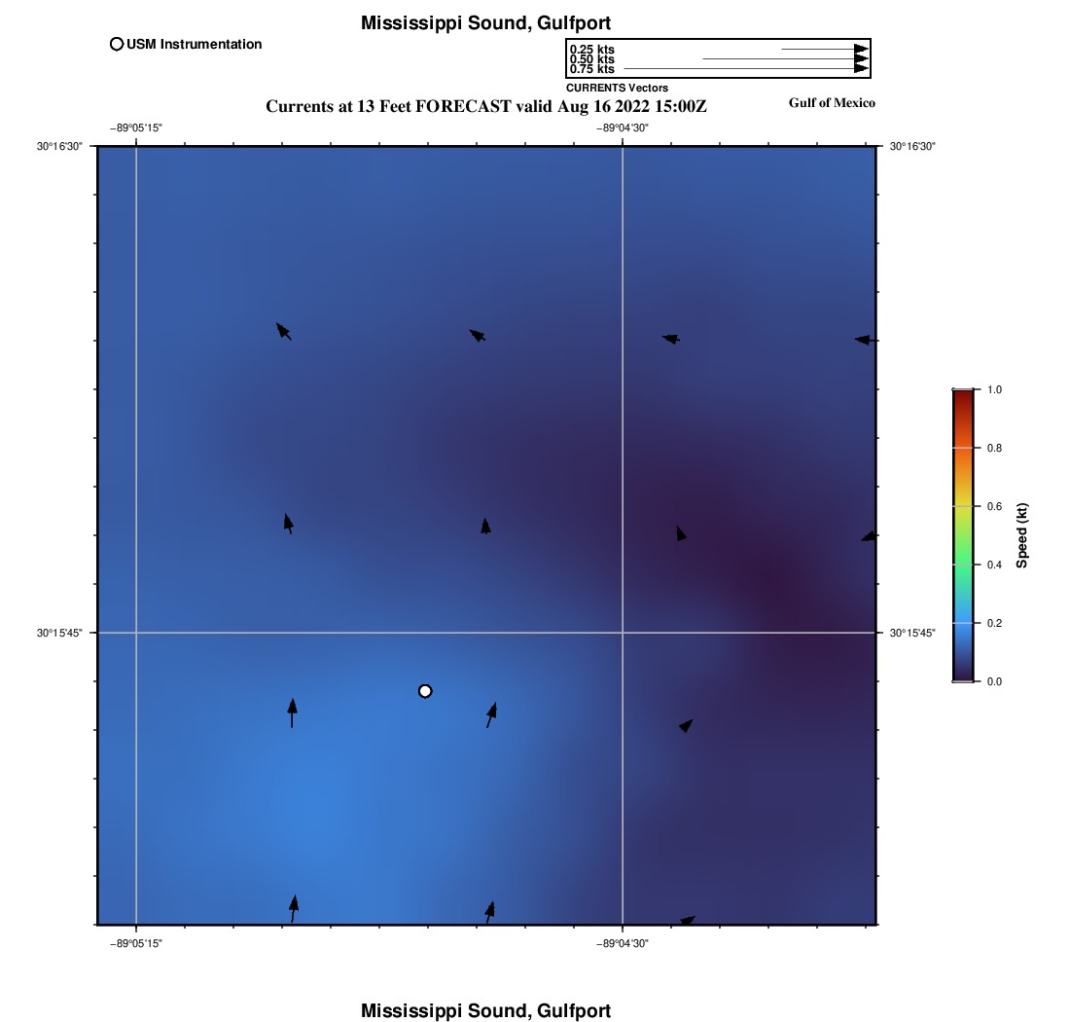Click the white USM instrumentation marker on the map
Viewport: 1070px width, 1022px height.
coord(425,691)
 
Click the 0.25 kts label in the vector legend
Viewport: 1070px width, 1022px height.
coord(591,50)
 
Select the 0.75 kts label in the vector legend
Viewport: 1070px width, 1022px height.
coord(591,69)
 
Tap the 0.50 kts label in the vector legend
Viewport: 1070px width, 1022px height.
coord(591,59)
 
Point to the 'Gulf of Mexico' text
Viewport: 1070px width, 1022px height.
coord(832,103)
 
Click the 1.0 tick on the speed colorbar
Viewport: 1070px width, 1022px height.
coord(994,389)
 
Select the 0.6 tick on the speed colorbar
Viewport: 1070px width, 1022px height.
coord(994,506)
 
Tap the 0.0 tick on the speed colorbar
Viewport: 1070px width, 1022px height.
coord(994,681)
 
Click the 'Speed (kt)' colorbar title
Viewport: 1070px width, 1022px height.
coord(1022,535)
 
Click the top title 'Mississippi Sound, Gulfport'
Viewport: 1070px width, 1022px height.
coord(485,22)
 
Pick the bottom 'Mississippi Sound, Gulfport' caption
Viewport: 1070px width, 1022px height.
coord(485,1010)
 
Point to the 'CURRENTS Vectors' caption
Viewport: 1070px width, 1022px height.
coord(617,88)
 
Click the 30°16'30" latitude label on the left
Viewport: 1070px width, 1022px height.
coord(60,146)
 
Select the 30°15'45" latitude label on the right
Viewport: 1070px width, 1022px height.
coord(912,633)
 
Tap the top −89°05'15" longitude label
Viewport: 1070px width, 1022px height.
coord(135,128)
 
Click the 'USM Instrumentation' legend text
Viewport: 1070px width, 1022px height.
coord(194,44)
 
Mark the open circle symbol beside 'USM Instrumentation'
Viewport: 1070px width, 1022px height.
coord(117,44)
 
